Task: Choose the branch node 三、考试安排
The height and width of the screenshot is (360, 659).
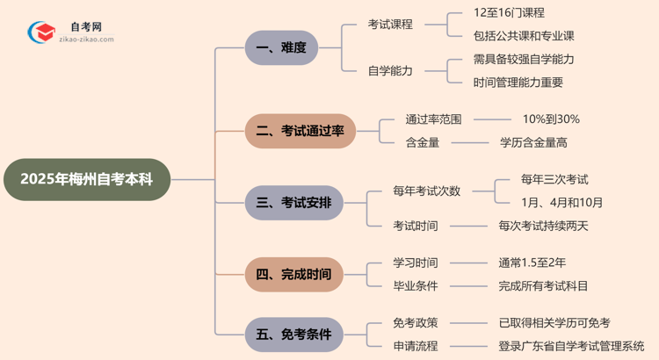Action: tap(293, 203)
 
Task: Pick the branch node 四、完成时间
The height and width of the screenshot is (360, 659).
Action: tap(293, 274)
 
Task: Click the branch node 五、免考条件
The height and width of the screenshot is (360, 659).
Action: tap(293, 335)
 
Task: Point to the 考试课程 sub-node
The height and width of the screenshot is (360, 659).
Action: tap(390, 25)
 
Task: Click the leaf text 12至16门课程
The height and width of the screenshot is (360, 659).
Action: tap(509, 13)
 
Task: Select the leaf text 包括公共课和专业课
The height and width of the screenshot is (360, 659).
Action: tap(524, 36)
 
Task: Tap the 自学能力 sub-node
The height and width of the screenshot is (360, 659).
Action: tap(390, 71)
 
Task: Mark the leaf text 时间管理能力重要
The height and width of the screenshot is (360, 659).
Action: tap(518, 83)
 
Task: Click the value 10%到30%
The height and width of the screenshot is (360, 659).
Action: tap(551, 119)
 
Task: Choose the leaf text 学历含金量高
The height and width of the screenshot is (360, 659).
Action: tap(533, 142)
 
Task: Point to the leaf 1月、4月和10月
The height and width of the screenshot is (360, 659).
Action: tap(561, 203)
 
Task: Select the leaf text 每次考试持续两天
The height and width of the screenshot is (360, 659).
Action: tap(543, 226)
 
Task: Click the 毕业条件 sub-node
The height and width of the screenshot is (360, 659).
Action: tap(416, 285)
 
